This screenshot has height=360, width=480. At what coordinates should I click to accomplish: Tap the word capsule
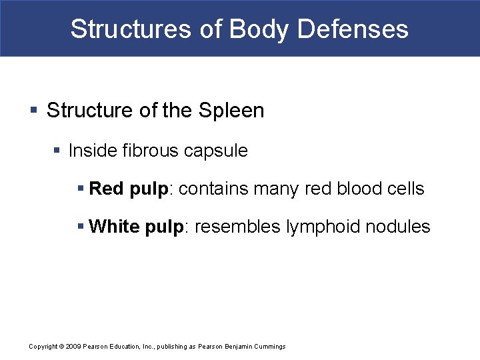pos(215,151)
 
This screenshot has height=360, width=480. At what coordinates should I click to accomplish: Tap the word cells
pos(406,189)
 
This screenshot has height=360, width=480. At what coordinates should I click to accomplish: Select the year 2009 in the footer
pos(73,347)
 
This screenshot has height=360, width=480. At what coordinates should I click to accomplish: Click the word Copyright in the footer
pos(43,347)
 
